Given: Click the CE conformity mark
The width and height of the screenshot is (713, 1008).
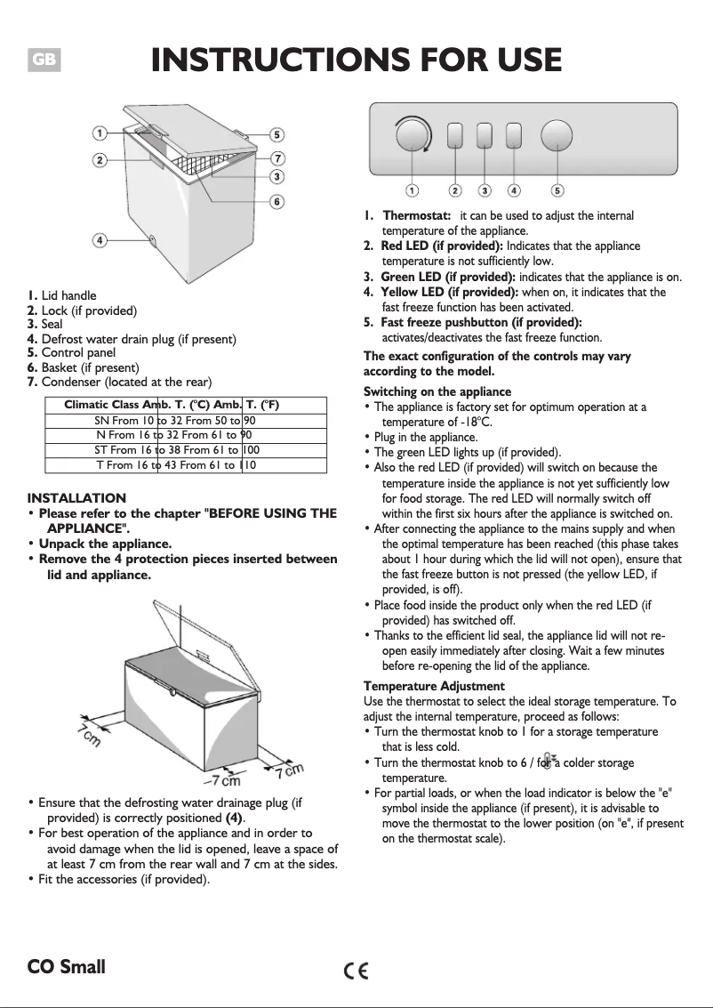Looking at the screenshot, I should tap(356, 970).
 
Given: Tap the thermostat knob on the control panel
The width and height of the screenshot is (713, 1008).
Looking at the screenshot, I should tap(413, 136).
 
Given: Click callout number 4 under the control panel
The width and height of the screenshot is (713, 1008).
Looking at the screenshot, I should tap(513, 190).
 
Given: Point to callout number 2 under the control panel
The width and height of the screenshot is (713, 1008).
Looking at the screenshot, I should tap(455, 190).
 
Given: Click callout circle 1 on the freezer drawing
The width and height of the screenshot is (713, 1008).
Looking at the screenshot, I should tap(100, 133).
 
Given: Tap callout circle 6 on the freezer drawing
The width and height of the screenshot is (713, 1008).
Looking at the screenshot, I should tap(277, 202).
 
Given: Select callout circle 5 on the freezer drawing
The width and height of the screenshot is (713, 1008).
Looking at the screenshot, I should tap(277, 135).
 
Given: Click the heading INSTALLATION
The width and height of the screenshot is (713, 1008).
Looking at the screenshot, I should tap(76, 497).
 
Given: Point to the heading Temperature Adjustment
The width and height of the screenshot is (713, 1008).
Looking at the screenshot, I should tap(434, 686).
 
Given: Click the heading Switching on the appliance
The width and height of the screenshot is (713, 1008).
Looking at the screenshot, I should tap(437, 391).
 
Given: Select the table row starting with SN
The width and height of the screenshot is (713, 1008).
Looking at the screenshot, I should tap(175, 420).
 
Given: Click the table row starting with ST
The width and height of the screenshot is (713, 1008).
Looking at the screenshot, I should tap(176, 450).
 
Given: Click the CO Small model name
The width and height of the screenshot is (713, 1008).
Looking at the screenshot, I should tap(66, 967).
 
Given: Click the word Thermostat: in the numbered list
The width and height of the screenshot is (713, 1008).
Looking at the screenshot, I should tap(417, 216).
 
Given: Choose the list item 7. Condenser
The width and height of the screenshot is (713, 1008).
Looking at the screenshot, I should tap(119, 382).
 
